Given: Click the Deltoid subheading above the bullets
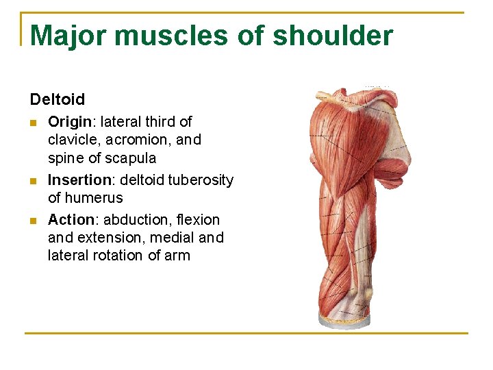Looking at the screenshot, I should [58, 99].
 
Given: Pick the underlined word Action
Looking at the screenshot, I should [71, 220].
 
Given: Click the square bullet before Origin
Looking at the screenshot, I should [34, 123].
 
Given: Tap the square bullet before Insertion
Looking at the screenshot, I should [34, 181].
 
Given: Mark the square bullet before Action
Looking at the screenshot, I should [34, 221].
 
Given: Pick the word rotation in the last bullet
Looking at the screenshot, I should [117, 256].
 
